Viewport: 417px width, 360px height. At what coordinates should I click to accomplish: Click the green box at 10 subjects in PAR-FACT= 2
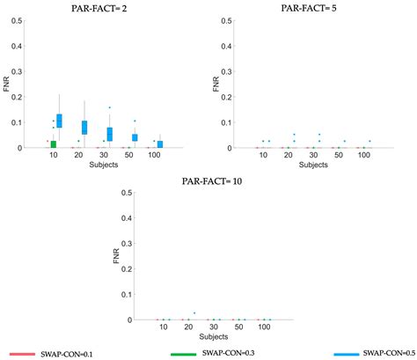pos(53,143)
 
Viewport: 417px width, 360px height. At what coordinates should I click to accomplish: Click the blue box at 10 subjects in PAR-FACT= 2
pos(60,121)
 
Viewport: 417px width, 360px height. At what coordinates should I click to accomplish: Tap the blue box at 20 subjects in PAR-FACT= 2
pos(84,128)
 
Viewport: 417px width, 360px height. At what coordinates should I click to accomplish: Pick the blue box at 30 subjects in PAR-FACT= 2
pos(110,134)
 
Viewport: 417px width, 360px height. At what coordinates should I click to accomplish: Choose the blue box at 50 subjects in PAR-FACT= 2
pos(135,137)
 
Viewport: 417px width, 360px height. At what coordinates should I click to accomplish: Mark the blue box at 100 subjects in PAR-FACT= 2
pos(160,144)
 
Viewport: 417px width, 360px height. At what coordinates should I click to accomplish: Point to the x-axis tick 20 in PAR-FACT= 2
pos(78,155)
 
